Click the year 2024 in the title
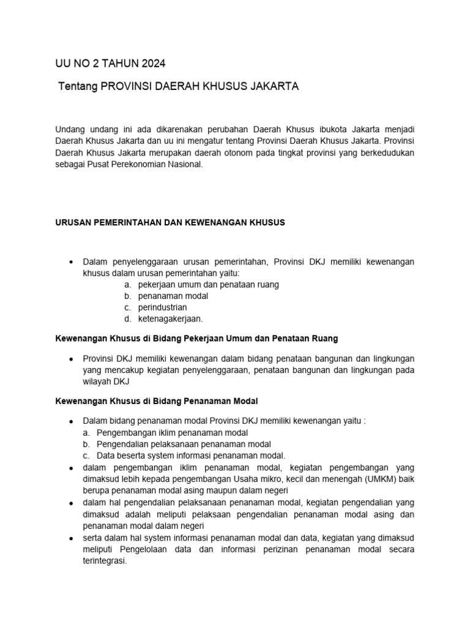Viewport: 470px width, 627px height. [152, 64]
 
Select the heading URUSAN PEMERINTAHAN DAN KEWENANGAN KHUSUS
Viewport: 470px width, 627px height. [170, 223]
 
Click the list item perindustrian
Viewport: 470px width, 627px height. [162, 307]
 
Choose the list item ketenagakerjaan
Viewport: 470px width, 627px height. [170, 319]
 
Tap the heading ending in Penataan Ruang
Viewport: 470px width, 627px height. [196, 338]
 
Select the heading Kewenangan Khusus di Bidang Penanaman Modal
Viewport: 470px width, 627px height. [157, 401]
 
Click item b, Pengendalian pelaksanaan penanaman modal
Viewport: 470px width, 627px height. [184, 444]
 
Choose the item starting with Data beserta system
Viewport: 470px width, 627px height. [191, 456]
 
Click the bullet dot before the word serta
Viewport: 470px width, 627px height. [72, 538]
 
